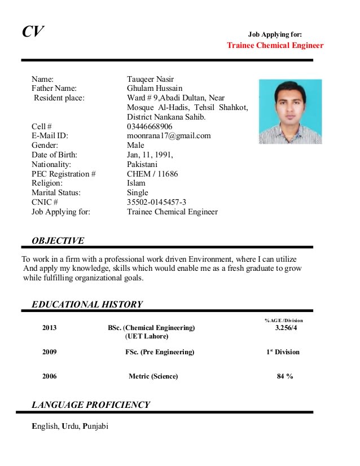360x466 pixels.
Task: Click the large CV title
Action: [x=33, y=32]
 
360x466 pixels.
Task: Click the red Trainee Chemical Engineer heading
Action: [x=275, y=45]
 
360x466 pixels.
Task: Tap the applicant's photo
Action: [x=290, y=112]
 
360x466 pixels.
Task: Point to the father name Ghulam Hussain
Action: [x=155, y=88]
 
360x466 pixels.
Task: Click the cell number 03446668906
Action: [x=150, y=126]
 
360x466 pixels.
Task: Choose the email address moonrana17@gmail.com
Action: [x=169, y=135]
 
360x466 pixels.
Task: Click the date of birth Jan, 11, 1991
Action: [x=150, y=155]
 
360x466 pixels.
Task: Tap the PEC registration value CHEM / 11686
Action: [x=152, y=174]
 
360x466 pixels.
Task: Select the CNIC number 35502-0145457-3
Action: [x=156, y=202]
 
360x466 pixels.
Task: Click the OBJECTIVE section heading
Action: [x=58, y=241]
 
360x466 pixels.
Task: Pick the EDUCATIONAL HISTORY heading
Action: [x=87, y=305]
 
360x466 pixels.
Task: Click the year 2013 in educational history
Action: [x=50, y=328]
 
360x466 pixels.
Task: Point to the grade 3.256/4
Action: [x=286, y=328]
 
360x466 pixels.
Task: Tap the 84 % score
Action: [x=285, y=376]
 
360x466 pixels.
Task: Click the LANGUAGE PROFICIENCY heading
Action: [x=91, y=405]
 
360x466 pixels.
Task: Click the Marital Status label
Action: [x=56, y=192]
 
